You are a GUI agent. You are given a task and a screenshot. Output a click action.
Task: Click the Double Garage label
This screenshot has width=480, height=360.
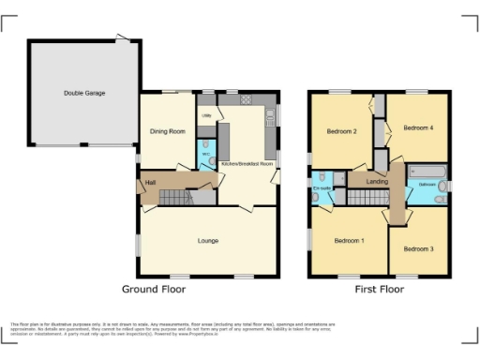84,93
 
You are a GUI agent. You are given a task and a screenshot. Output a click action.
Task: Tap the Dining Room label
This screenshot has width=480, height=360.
165,131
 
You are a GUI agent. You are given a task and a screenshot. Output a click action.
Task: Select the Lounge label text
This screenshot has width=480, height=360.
208,241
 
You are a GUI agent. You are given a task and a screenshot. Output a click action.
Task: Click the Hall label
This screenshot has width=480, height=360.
149,182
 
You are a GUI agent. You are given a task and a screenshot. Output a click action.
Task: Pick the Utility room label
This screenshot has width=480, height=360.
205,115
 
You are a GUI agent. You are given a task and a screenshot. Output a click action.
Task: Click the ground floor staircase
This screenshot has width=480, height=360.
172,196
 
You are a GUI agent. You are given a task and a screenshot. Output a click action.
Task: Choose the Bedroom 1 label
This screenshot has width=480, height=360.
349,241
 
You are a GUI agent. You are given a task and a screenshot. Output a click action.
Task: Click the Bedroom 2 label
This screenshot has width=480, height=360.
341,131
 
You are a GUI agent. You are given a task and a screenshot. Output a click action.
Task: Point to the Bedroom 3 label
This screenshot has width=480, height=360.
417,248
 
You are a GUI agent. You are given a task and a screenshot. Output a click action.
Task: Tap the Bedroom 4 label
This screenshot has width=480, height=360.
418,127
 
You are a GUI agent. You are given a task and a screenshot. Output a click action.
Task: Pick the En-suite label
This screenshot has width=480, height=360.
323,188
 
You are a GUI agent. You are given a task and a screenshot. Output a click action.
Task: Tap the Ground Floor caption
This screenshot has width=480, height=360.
154,290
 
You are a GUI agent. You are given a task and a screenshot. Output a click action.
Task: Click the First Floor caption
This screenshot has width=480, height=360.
379,290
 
